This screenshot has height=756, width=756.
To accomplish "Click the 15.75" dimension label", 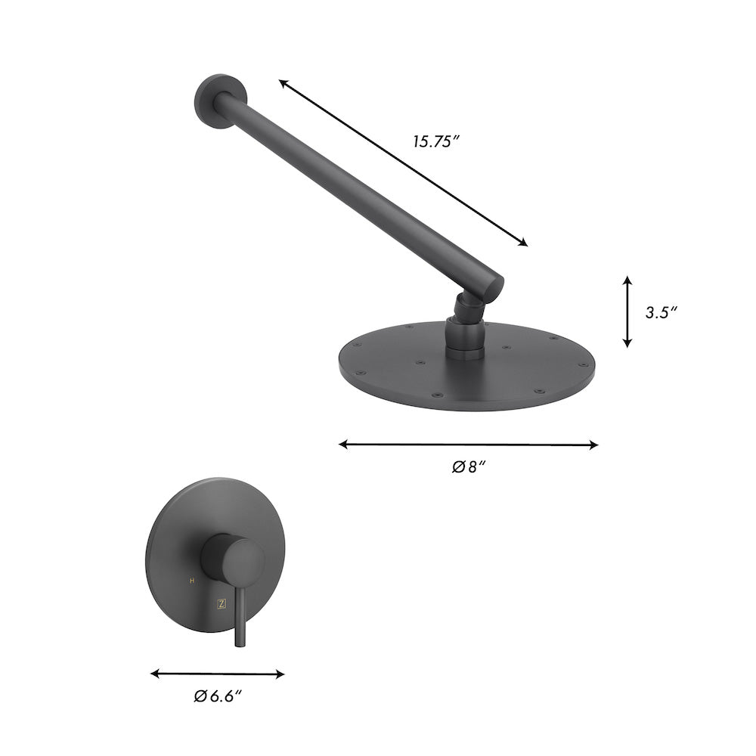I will (436, 141).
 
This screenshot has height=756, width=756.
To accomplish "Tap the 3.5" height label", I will (660, 312).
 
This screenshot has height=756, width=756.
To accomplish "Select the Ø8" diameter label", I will (468, 466).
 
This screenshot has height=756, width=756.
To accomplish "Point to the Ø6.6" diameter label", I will (217, 696).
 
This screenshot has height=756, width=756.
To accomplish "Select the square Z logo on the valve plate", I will (221, 603).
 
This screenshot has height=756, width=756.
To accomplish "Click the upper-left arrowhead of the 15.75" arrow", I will (282, 84).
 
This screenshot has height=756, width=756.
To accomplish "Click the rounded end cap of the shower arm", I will (493, 286).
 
